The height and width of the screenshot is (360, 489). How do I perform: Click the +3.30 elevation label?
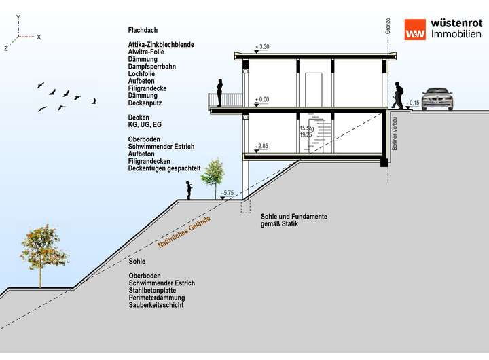pyautogui.click(x=262, y=47)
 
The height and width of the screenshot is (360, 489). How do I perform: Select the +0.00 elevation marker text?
pyautogui.click(x=262, y=100)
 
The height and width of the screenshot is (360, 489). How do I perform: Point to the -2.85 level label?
pyautogui.click(x=261, y=146)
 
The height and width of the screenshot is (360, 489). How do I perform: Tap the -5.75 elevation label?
pyautogui.click(x=227, y=193)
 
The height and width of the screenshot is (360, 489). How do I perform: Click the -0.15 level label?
pyautogui.click(x=413, y=103)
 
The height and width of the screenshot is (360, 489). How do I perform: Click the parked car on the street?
pyautogui.click(x=437, y=99)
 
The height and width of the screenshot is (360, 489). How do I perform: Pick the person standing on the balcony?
pyautogui.click(x=220, y=92)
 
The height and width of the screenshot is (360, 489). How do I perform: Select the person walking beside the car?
pyautogui.click(x=397, y=95)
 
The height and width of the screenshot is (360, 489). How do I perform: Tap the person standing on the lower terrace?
pyautogui.click(x=189, y=190)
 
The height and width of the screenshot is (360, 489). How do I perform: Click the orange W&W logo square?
pyautogui.click(x=415, y=30)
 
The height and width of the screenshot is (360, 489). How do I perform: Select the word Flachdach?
pyautogui.click(x=143, y=31)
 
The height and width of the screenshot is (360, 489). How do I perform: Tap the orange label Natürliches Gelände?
pyautogui.click(x=184, y=232)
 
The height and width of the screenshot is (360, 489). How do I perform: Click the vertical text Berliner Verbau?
pyautogui.click(x=395, y=134)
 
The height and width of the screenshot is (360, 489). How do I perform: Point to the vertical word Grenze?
pyautogui.click(x=388, y=26)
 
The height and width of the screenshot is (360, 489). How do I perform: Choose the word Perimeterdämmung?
pyautogui.click(x=157, y=298)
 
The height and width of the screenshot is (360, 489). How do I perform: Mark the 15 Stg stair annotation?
pyautogui.click(x=307, y=128)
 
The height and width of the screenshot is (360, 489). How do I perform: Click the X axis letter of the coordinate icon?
pyautogui.click(x=39, y=37)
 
